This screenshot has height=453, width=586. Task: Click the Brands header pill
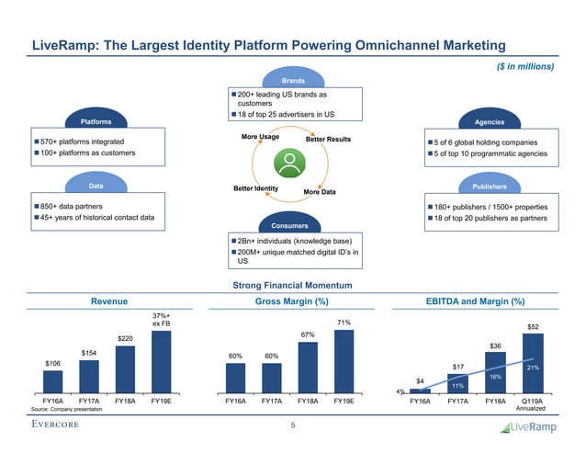pyautogui.click(x=292, y=80)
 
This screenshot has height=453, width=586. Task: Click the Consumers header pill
pyautogui.click(x=292, y=224)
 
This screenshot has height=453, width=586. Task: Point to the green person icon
pyautogui.click(x=293, y=166)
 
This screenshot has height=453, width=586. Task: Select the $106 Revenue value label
pyautogui.click(x=53, y=364)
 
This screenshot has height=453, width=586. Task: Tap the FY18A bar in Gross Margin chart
pyautogui.click(x=309, y=368)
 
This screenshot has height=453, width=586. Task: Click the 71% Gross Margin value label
pyautogui.click(x=344, y=323)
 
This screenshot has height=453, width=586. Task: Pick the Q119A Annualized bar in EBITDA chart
pyautogui.click(x=534, y=363)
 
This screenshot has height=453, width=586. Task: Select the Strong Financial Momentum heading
pyautogui.click(x=293, y=285)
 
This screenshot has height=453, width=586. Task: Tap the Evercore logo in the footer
pyautogui.click(x=61, y=425)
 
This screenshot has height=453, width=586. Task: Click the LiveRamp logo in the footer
pyautogui.click(x=525, y=427)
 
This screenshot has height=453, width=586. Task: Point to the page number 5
pyautogui.click(x=293, y=425)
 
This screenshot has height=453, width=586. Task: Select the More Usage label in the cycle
pyautogui.click(x=260, y=137)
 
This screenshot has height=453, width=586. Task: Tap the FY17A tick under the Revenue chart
pyautogui.click(x=89, y=402)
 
